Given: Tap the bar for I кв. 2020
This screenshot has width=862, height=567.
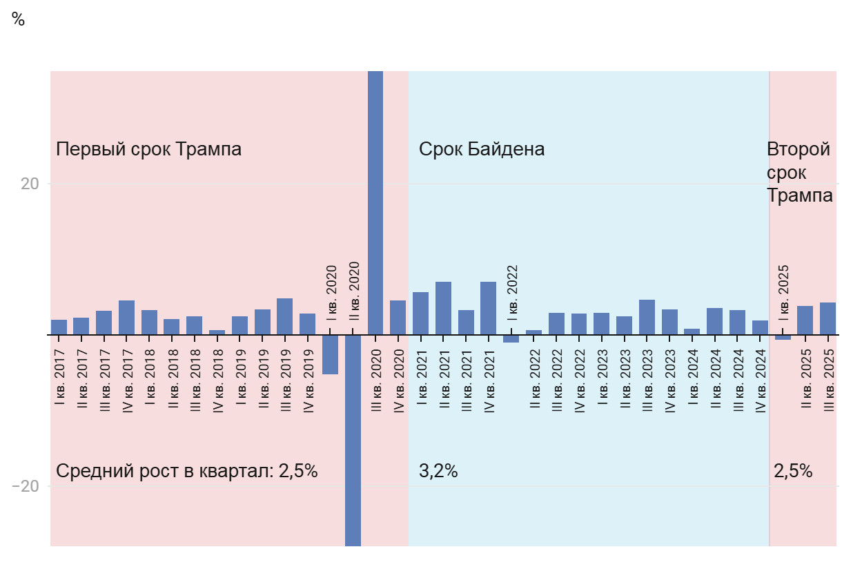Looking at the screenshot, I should [x=330, y=354].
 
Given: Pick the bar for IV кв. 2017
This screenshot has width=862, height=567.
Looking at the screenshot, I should [x=126, y=318].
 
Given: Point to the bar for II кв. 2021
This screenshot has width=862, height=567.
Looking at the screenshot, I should [x=443, y=308].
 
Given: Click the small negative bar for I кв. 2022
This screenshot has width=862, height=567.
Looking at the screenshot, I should [x=511, y=338].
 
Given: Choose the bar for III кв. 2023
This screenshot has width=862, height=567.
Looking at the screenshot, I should [x=647, y=317].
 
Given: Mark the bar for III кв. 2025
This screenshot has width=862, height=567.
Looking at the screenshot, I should [x=827, y=318].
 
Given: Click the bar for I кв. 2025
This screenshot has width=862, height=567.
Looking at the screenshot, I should [x=783, y=337].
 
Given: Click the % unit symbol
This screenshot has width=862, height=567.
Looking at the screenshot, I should [x=19, y=20].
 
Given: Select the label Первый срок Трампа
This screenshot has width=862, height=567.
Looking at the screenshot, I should [x=148, y=149].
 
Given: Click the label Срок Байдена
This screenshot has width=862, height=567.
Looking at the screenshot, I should [x=482, y=149].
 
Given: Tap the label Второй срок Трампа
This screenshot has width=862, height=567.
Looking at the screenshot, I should [x=799, y=172].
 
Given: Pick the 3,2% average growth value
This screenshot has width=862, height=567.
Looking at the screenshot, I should [x=438, y=472].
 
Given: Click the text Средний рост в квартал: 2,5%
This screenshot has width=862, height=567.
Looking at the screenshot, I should [x=186, y=472].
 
